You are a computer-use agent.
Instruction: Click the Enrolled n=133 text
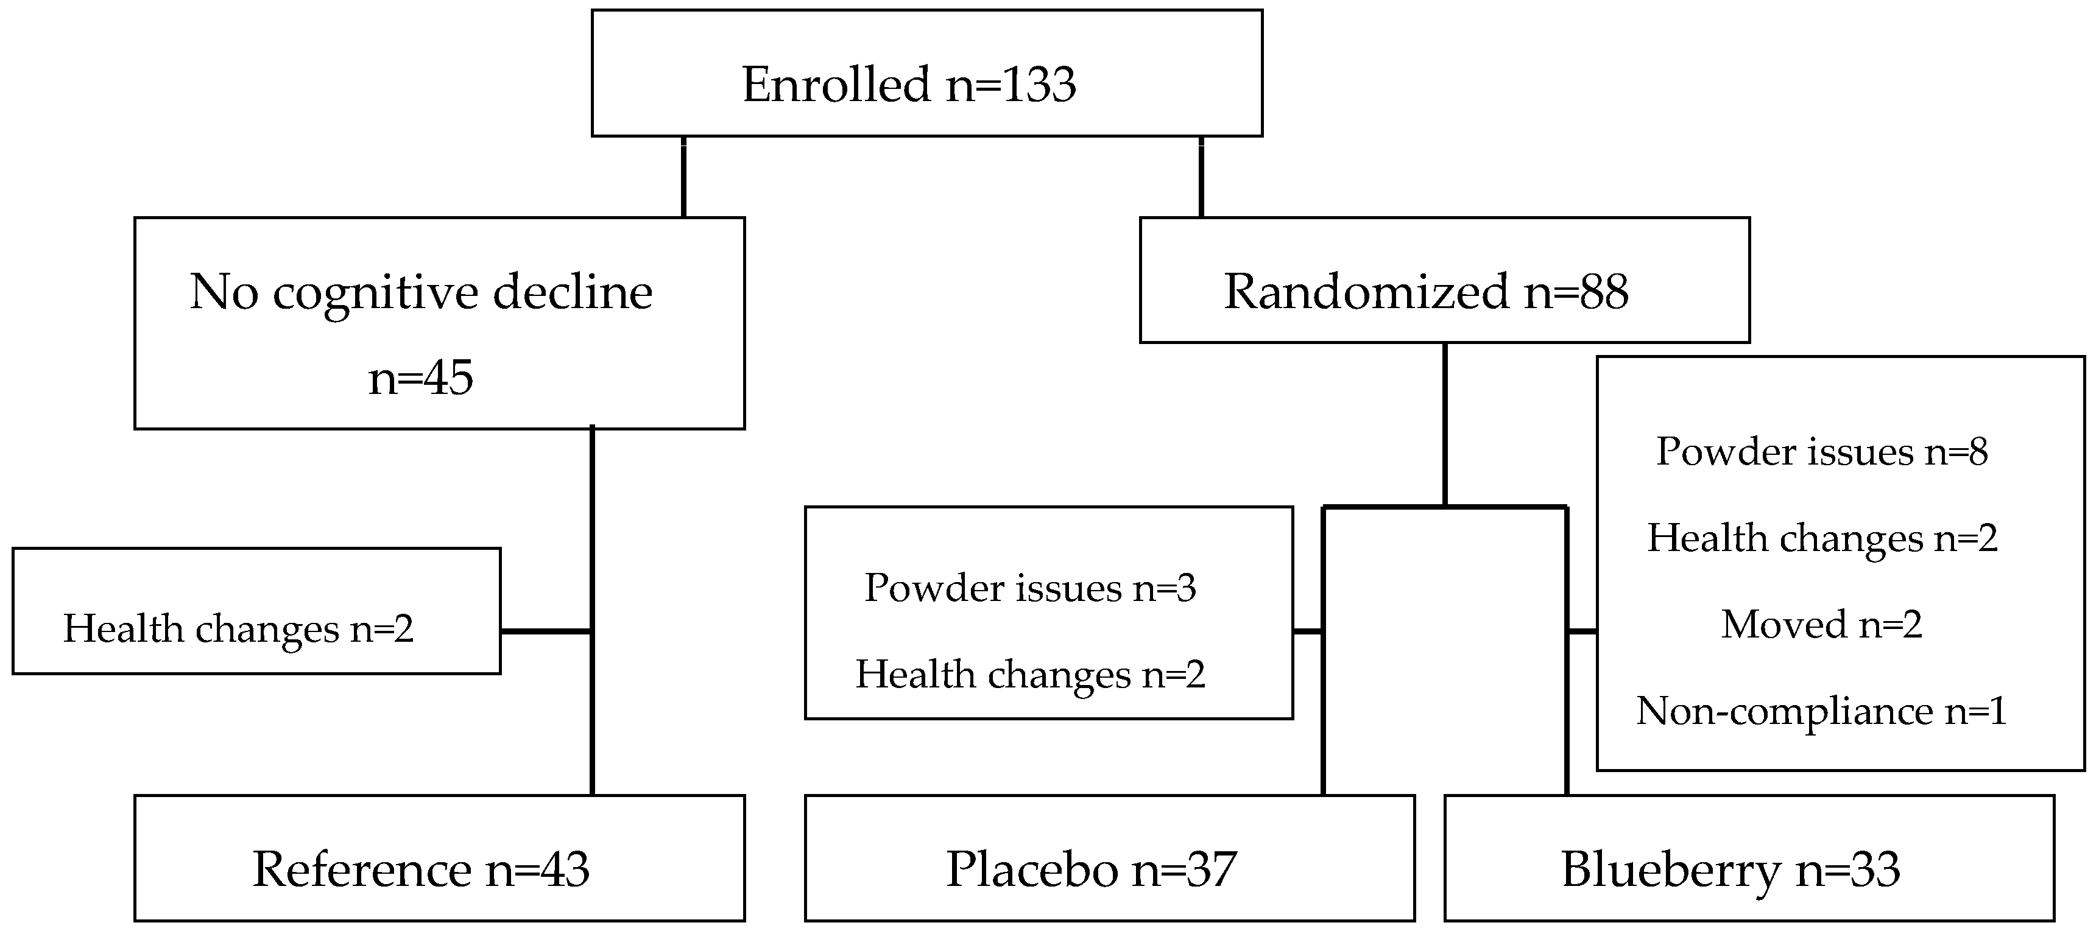[909, 85]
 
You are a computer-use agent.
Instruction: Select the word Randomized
[1366, 292]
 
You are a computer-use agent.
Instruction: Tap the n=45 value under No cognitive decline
[420, 377]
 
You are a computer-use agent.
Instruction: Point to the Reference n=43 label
[420, 869]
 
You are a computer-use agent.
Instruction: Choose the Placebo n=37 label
[1091, 869]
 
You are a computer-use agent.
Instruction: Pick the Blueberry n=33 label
[1730, 869]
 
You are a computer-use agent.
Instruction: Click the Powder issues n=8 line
[1822, 452]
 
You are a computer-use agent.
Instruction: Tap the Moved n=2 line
[1822, 625]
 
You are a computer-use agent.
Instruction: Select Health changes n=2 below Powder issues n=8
[1822, 538]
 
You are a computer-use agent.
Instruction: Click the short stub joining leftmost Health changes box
[546, 631]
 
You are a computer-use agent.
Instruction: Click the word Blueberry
[1670, 869]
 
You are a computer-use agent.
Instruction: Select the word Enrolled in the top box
[836, 85]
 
